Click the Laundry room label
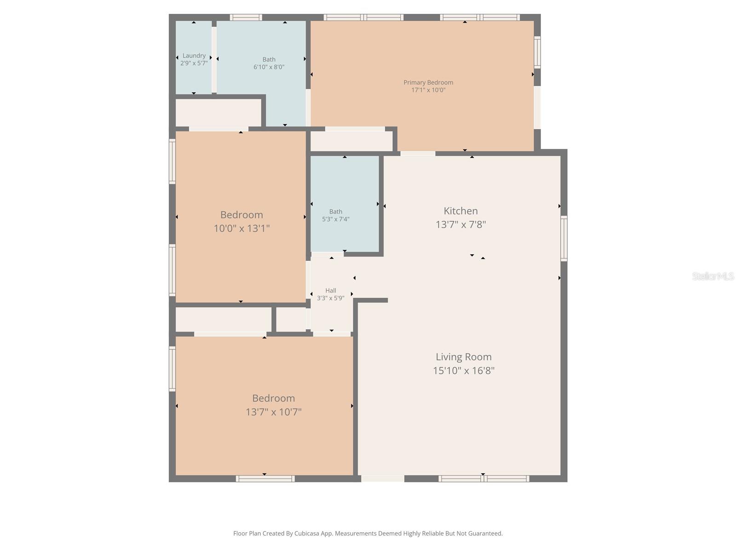pyautogui.click(x=194, y=56)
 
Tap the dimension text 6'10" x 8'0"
pyautogui.click(x=269, y=67)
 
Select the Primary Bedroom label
pyautogui.click(x=428, y=82)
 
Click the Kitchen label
pyautogui.click(x=460, y=211)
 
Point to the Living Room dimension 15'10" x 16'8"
pyautogui.click(x=463, y=371)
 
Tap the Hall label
pyautogui.click(x=330, y=290)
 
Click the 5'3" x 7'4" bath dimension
pyautogui.click(x=335, y=219)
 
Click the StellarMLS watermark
pyautogui.click(x=713, y=276)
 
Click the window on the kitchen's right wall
pyautogui.click(x=563, y=239)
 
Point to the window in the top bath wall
pyautogui.click(x=246, y=17)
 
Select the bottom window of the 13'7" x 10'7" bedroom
pyautogui.click(x=265, y=479)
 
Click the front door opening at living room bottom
pyautogui.click(x=382, y=479)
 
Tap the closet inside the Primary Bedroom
pyautogui.click(x=351, y=141)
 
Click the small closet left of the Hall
pyautogui.click(x=291, y=319)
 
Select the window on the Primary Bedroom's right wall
pyautogui.click(x=537, y=52)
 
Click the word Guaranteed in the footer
pyautogui.click(x=486, y=534)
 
